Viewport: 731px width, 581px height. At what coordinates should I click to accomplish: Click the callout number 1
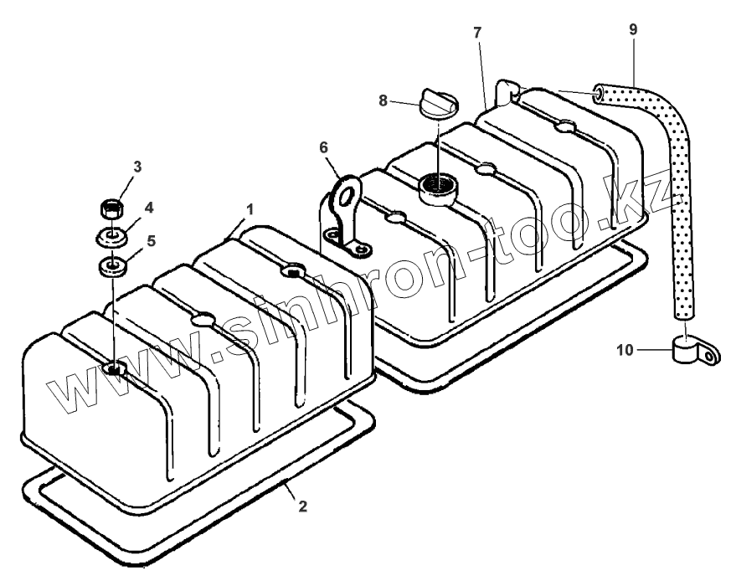pyautogui.click(x=250, y=207)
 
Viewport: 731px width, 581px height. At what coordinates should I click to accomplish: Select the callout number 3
pyautogui.click(x=138, y=167)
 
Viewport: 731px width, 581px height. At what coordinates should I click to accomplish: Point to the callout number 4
pyautogui.click(x=150, y=207)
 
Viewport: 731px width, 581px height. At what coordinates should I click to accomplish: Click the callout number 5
pyautogui.click(x=151, y=240)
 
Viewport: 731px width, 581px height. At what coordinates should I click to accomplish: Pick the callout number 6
pyautogui.click(x=323, y=147)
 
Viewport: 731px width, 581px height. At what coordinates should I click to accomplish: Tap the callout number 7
pyautogui.click(x=476, y=33)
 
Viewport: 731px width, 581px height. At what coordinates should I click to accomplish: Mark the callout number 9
pyautogui.click(x=633, y=29)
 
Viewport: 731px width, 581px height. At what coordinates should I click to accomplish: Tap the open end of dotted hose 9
pyautogui.click(x=600, y=93)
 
